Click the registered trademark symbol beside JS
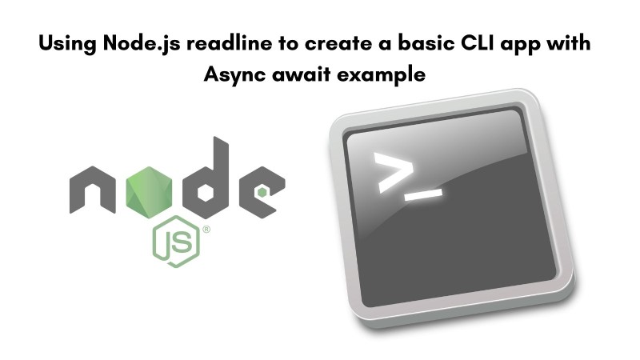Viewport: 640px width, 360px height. coord(206,230)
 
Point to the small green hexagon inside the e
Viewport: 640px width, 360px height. coord(262,192)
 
